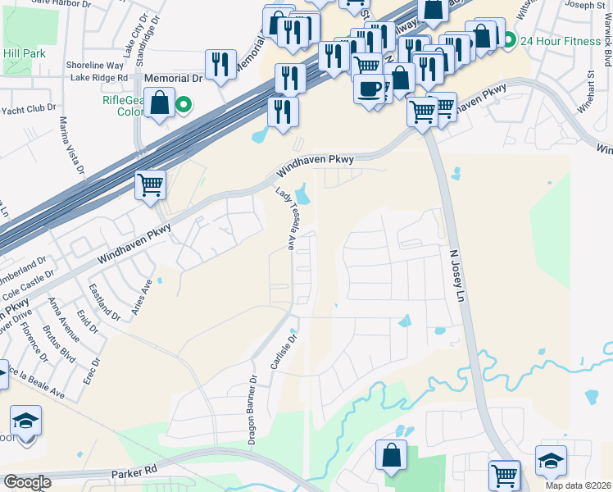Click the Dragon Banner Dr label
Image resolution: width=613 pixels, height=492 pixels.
tap(253, 410)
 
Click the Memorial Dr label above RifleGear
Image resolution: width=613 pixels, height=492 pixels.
tap(173, 78)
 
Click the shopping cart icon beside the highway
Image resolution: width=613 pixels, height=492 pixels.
tap(151, 185)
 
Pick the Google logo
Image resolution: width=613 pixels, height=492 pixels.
tap(27, 482)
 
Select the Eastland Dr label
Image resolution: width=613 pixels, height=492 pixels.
tap(104, 301)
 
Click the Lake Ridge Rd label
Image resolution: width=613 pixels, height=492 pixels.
tap(99, 77)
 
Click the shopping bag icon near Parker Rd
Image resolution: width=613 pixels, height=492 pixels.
tap(392, 455)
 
